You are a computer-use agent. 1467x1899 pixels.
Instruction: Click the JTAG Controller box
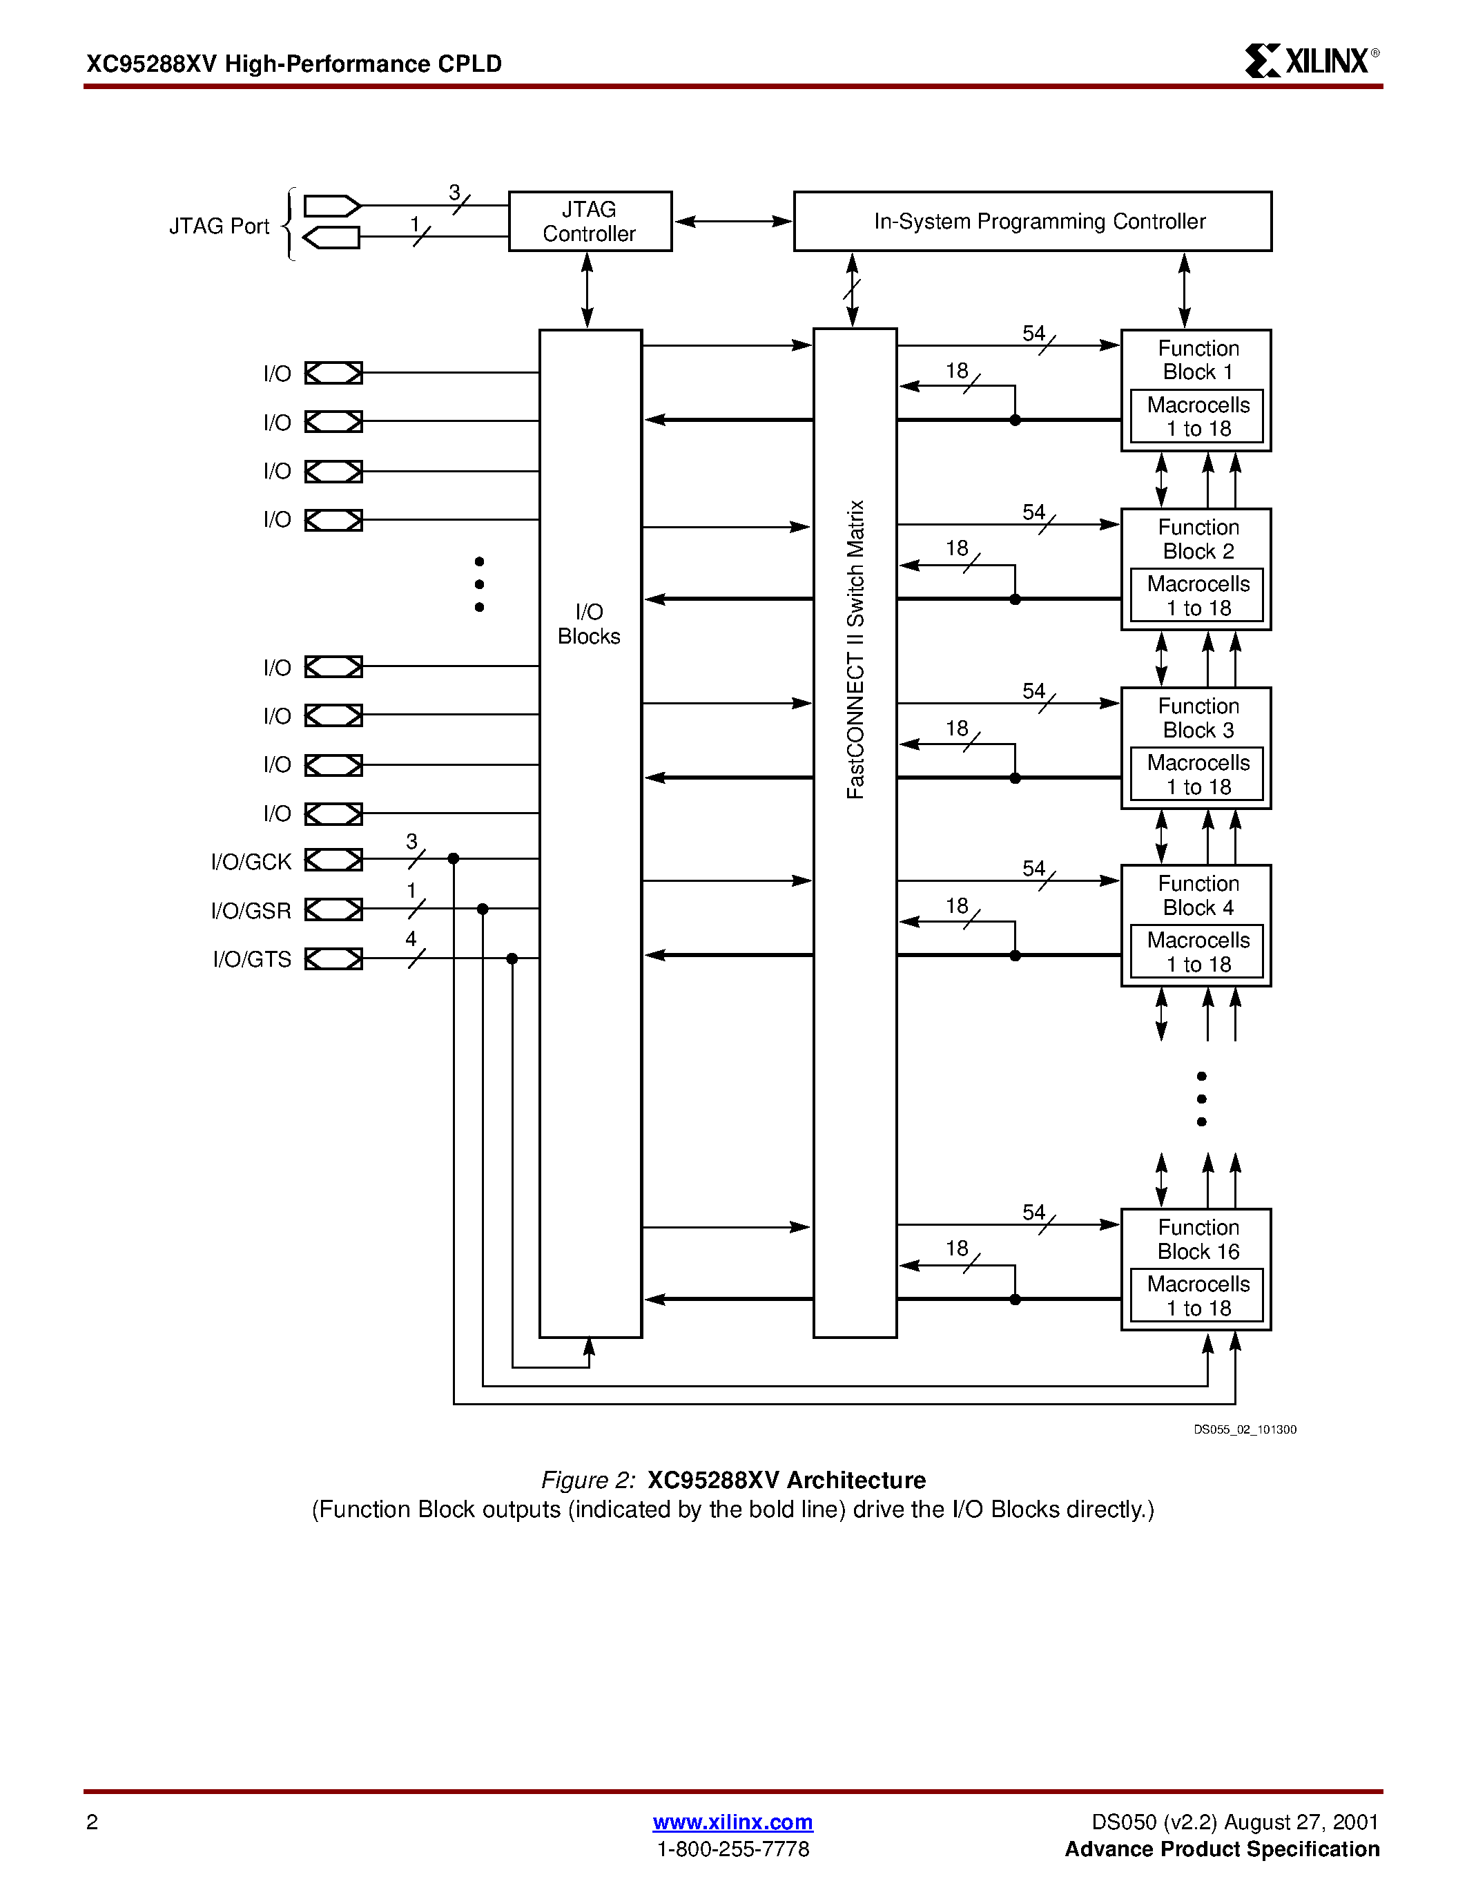click(590, 222)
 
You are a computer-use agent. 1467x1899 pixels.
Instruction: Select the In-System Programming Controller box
click(1033, 222)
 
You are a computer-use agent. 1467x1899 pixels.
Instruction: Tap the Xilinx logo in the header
click(1310, 61)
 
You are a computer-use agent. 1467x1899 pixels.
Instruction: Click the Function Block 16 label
click(1198, 1239)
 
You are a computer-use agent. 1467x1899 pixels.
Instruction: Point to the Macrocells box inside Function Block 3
click(1196, 775)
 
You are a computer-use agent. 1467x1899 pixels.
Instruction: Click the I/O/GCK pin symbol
click(333, 860)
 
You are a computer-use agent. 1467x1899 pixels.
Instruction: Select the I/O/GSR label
click(251, 910)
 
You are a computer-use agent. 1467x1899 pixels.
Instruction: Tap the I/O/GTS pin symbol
click(333, 959)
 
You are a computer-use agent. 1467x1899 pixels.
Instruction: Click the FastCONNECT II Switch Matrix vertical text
click(856, 650)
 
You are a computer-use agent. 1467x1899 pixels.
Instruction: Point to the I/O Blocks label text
click(590, 624)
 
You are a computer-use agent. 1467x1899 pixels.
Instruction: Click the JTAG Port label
click(219, 226)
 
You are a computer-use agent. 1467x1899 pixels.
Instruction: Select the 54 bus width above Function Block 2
click(1033, 512)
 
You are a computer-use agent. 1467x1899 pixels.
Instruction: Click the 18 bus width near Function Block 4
click(957, 906)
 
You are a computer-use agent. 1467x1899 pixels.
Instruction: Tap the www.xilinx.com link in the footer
click(732, 1822)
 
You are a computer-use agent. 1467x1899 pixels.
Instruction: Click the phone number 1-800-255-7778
click(732, 1849)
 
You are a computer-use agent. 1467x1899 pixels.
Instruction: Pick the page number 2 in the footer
click(92, 1822)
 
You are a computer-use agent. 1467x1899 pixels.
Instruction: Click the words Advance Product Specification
click(1222, 1849)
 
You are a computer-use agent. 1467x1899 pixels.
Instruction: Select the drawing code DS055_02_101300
click(1245, 1429)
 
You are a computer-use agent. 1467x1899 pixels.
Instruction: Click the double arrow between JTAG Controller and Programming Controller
click(732, 221)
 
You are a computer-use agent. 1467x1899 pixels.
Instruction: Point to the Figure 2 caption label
click(588, 1480)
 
